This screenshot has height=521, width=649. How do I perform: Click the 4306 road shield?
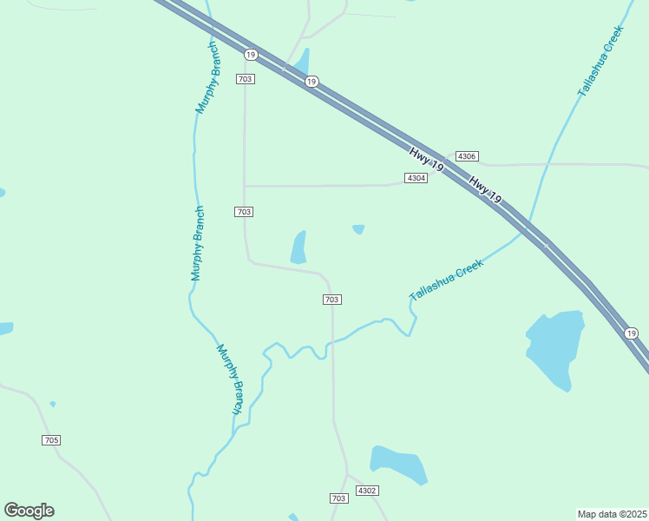coord(467,156)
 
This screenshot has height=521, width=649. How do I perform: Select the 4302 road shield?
coord(367,491)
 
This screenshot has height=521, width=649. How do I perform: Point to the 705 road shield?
coord(51,440)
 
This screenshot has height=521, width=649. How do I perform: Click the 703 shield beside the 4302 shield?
coord(339,498)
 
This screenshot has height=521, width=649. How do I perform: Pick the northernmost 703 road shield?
coord(245,79)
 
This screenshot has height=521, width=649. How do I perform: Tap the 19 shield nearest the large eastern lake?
coord(631,333)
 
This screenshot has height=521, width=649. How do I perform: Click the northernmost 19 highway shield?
coord(250,55)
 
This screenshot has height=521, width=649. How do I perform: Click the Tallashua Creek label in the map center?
coord(445,280)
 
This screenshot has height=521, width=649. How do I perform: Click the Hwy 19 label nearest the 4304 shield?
coord(427,160)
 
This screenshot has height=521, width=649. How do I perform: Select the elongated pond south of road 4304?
coord(298,247)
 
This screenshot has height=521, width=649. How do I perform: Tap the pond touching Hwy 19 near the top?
coord(301,63)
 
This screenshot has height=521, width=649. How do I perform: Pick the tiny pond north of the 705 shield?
coord(53,404)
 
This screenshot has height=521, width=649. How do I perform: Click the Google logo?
coord(29,511)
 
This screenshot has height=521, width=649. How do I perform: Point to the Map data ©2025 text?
coord(613,514)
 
